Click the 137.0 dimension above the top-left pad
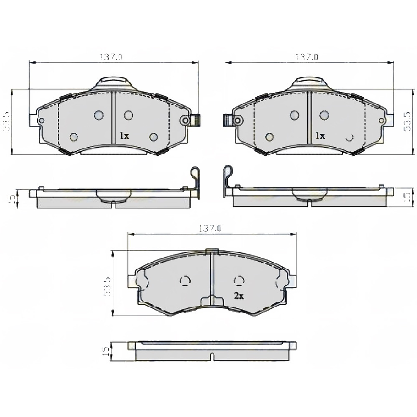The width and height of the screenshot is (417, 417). tap(111, 57)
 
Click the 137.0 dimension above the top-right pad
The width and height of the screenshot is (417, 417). tap(307, 57)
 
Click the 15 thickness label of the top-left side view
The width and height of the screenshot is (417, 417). tap(13, 198)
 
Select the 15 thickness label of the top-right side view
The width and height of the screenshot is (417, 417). tap(405, 197)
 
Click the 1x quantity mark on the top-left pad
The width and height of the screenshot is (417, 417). tap(124, 136)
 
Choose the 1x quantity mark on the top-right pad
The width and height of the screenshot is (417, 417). tap(319, 136)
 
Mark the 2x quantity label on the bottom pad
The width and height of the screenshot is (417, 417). tap(239, 296)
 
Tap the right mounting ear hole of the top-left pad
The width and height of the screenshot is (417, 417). tap(186, 120)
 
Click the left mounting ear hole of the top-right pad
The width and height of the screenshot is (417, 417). tap(237, 120)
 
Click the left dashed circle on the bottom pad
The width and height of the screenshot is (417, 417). tap(185, 281)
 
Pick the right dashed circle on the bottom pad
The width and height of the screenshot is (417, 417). tap(239, 280)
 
